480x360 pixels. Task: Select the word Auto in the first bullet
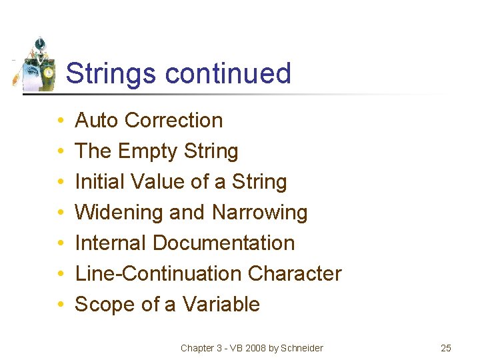97,121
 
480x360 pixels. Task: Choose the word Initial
97,182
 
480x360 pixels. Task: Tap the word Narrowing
259,213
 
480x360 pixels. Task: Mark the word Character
295,274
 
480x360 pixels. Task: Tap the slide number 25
446,348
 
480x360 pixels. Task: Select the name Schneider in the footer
302,348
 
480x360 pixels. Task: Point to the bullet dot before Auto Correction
60,121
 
